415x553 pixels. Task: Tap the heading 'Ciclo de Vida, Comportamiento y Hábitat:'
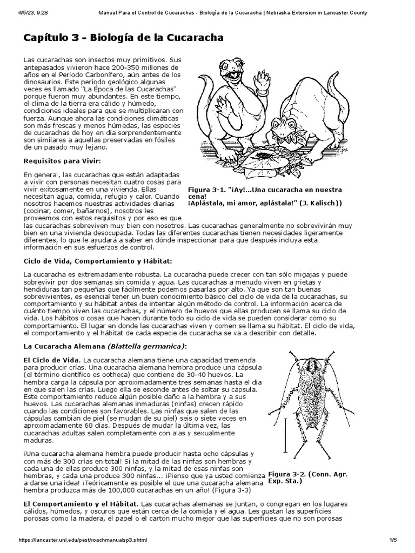point(98,261)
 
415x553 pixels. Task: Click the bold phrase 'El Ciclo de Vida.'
point(52,360)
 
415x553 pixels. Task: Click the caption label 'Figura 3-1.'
point(206,190)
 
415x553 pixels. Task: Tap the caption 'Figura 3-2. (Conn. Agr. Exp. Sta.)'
point(304,477)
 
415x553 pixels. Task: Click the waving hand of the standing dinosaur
point(264,79)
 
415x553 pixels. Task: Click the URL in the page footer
point(83,540)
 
